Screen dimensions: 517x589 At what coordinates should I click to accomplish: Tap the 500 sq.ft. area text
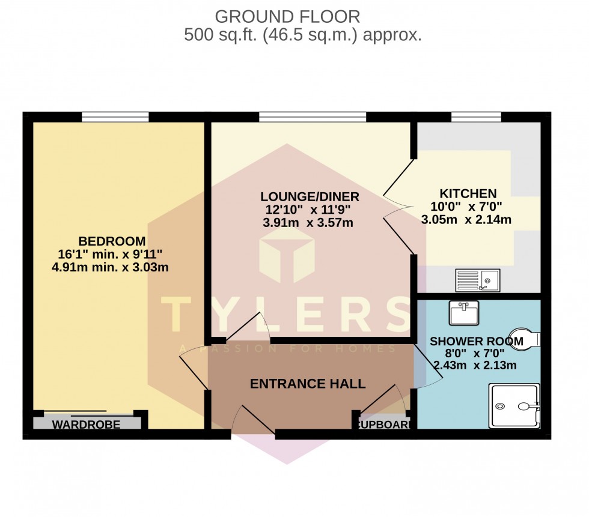tap(302, 35)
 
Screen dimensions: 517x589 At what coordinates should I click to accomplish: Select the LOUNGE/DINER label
tap(310, 197)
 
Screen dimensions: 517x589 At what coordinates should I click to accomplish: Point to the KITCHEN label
tap(468, 193)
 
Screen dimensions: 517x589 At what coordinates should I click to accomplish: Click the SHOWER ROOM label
tap(476, 341)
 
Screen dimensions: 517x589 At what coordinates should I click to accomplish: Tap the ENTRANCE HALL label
tap(308, 384)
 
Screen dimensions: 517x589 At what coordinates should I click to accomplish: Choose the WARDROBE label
tap(86, 425)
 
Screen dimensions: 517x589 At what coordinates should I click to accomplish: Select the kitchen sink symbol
tap(477, 279)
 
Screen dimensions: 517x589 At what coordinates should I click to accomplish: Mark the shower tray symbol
tap(515, 406)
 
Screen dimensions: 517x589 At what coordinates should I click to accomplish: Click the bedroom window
tap(115, 116)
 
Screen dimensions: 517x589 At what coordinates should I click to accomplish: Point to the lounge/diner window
tap(313, 116)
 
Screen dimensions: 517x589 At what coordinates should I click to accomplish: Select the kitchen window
tap(476, 116)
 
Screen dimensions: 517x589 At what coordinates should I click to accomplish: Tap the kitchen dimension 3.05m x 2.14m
tap(467, 219)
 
